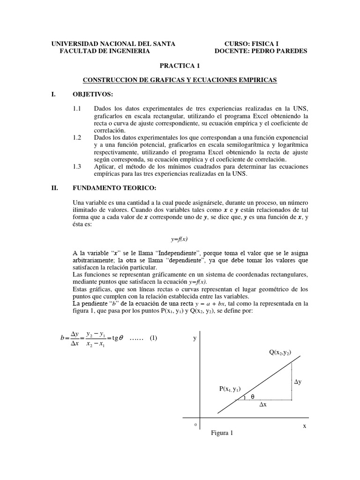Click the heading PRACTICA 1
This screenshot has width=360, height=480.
pos(180,66)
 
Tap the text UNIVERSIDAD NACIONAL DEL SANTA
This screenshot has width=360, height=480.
pos(113,44)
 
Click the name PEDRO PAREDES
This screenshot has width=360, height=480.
pos(284,51)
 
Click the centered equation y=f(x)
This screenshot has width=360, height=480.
pos(180,239)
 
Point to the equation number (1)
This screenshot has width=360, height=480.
pos(153,338)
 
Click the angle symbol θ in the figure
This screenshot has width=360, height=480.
pos(252,397)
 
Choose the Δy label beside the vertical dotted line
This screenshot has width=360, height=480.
pos(298,382)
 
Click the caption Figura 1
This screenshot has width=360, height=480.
pos(222,433)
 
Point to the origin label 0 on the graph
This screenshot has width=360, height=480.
pos(195,424)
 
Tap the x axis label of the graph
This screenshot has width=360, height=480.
pos(304,426)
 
